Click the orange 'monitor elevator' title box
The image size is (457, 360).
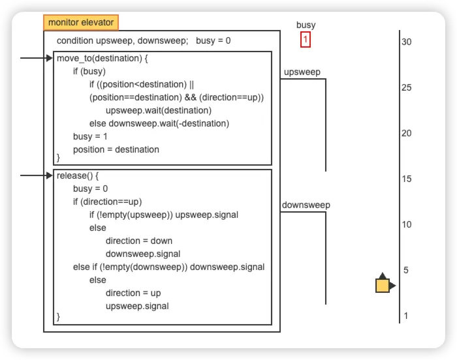point(81,22)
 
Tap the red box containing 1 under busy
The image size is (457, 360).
point(306,40)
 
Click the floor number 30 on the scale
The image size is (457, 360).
point(406,42)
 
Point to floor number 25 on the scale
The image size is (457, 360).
point(406,87)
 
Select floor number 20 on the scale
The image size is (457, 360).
point(406,134)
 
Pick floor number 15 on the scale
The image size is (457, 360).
point(406,179)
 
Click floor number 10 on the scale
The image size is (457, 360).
point(406,224)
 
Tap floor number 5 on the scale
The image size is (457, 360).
point(405,270)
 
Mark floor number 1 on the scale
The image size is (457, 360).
point(405,316)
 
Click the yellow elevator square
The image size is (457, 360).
point(383,286)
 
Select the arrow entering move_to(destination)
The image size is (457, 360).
point(37,58)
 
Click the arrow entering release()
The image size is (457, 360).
point(37,175)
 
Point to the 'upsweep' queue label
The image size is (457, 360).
point(302,72)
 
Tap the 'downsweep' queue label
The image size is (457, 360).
point(306,205)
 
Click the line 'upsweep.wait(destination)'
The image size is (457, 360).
point(159,111)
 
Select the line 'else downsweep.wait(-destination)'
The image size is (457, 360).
point(159,123)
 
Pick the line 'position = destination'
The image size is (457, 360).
point(116,150)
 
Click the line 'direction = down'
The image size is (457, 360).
point(139,241)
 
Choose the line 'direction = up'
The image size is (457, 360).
point(133,293)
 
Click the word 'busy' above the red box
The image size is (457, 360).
point(306,25)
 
